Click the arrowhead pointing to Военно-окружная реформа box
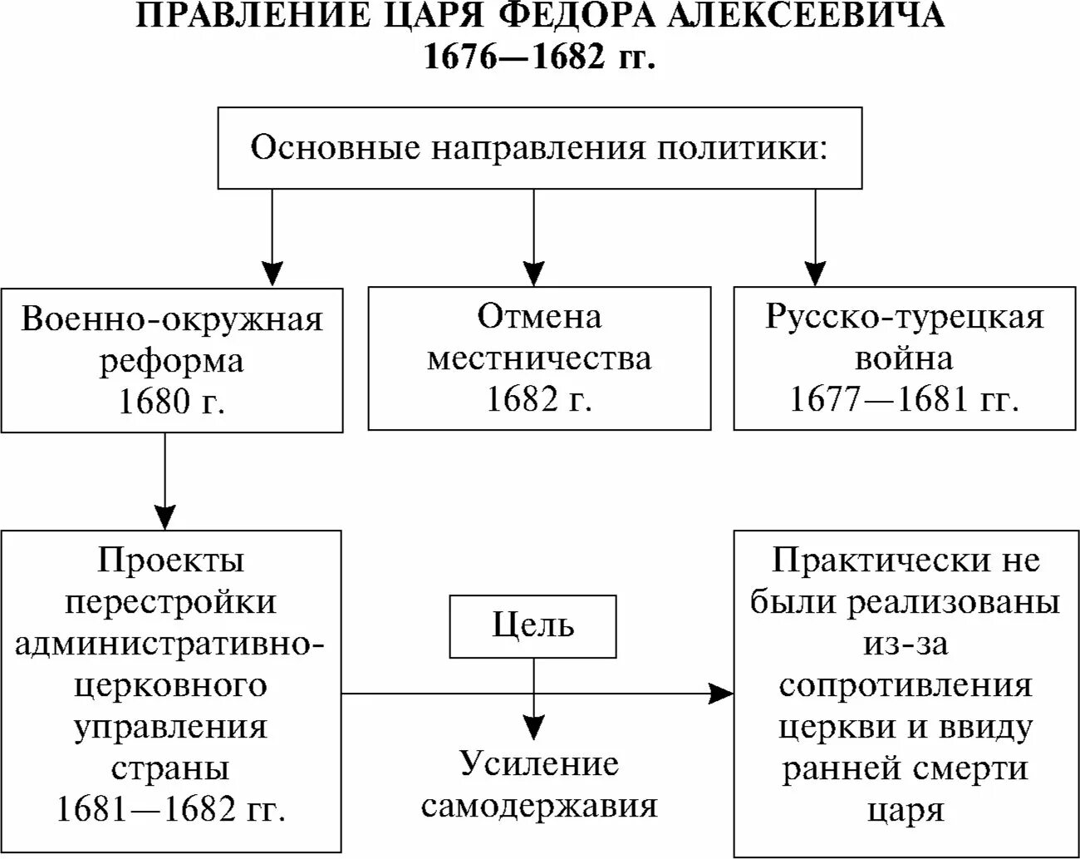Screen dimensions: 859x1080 click(272, 273)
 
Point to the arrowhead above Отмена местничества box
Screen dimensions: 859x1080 click(533, 273)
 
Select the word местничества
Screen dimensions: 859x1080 click(539, 358)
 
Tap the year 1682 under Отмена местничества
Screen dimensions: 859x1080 click(520, 400)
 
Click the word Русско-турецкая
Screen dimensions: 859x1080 click(905, 318)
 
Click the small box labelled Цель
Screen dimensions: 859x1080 click(533, 625)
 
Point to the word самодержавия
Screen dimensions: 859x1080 click(539, 806)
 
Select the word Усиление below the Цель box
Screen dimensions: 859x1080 click(540, 764)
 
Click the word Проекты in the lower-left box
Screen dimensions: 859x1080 click(171, 560)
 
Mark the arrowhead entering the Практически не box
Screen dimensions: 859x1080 click(723, 693)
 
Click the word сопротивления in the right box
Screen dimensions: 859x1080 click(906, 686)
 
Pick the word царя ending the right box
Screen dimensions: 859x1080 click(906, 809)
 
